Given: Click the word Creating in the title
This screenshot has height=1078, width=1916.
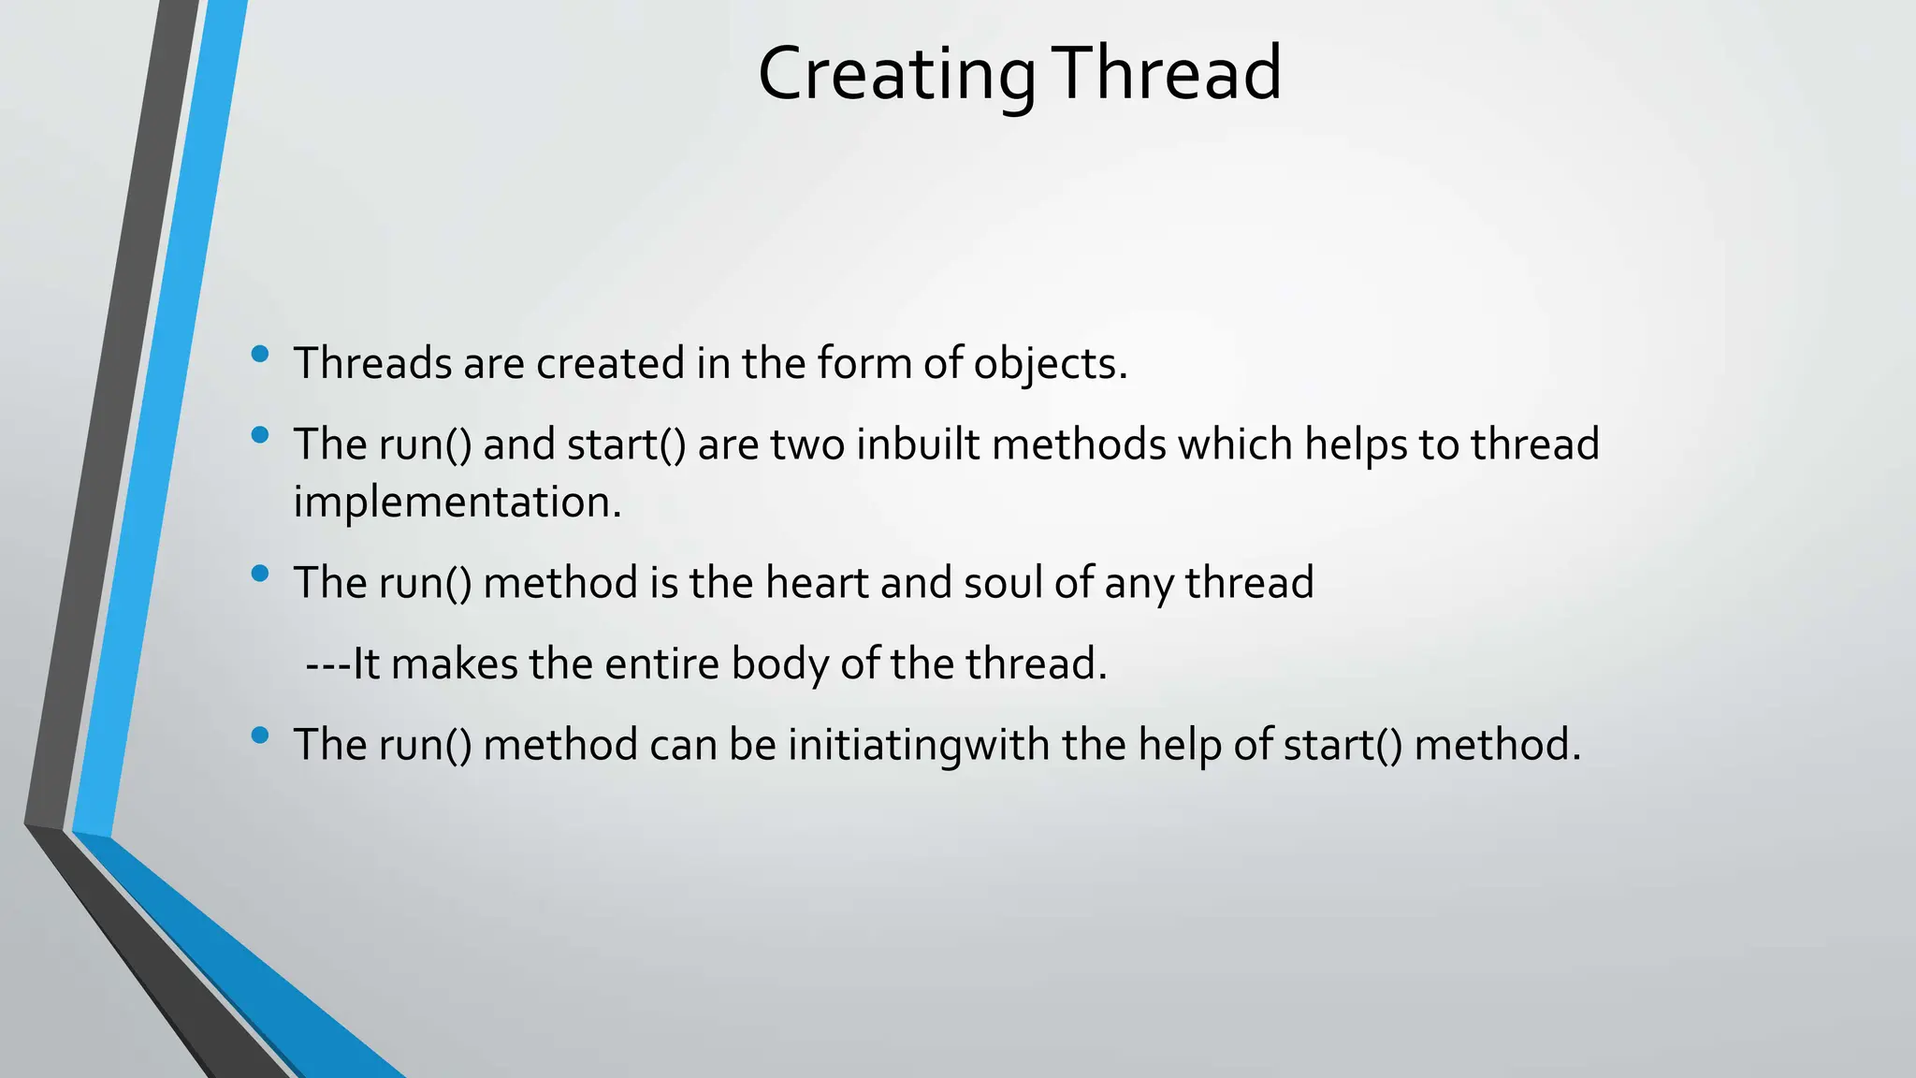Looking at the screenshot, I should click(896, 75).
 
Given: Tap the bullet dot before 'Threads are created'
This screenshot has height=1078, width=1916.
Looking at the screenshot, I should click(260, 354).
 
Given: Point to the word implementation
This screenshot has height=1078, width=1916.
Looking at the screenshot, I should click(457, 503).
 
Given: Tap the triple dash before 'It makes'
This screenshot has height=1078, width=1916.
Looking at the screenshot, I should click(328, 664).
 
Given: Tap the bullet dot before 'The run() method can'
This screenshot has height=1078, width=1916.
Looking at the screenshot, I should click(260, 736).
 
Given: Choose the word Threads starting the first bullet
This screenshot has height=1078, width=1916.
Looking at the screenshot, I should click(373, 364).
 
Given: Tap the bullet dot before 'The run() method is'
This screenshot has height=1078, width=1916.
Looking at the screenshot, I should click(260, 574).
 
